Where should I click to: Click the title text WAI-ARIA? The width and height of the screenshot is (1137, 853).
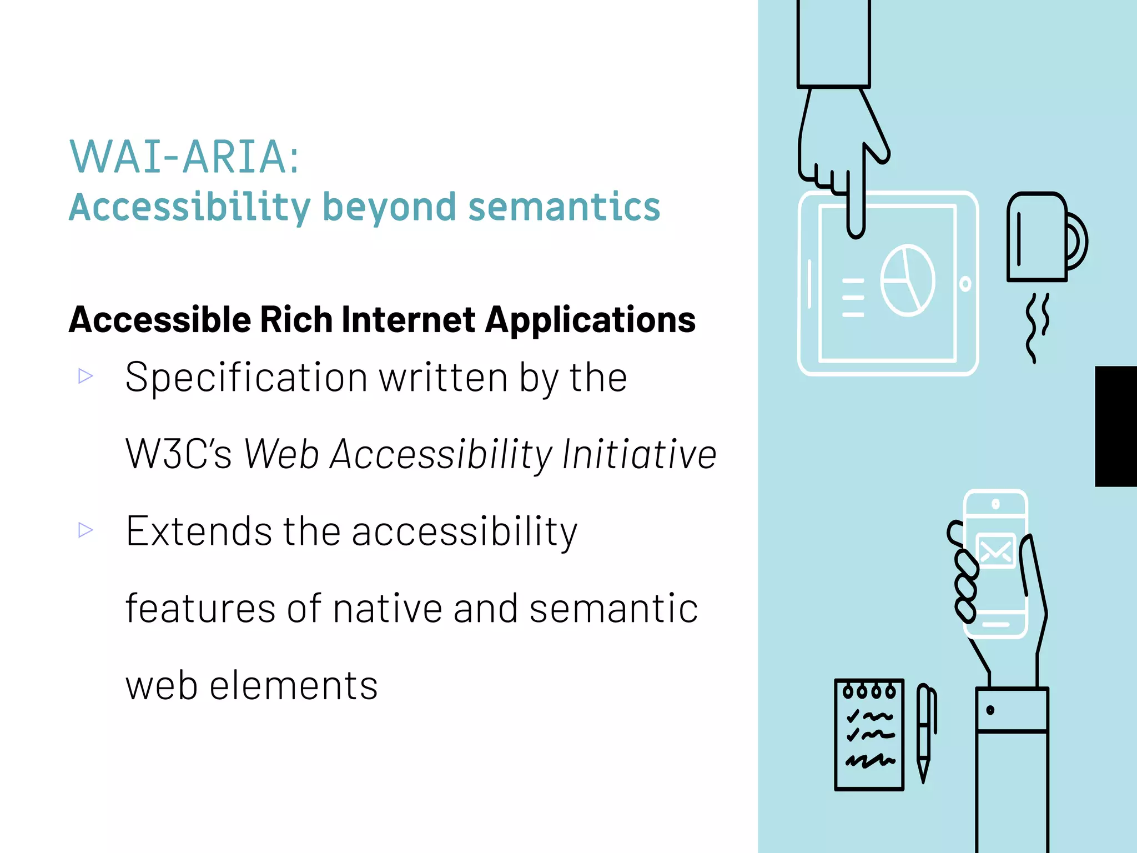click(x=184, y=157)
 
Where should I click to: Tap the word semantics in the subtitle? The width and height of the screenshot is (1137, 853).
click(x=564, y=207)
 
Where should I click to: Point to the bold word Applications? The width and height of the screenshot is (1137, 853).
click(x=590, y=320)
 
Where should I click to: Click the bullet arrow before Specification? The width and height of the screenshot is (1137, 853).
click(x=85, y=376)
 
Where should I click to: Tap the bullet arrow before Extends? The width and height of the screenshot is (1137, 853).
click(x=85, y=530)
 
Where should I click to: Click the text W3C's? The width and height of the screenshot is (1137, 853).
click(x=178, y=454)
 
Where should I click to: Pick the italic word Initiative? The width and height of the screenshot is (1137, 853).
click(x=639, y=454)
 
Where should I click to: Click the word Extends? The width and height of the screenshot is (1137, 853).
click(x=199, y=531)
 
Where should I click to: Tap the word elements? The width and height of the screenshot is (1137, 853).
click(x=294, y=685)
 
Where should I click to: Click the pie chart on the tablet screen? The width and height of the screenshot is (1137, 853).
click(x=908, y=280)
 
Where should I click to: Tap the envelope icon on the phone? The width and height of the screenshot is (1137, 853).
click(x=996, y=550)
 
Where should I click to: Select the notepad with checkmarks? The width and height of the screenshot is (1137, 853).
click(x=869, y=734)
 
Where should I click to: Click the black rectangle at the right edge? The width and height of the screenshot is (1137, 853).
click(x=1116, y=426)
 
